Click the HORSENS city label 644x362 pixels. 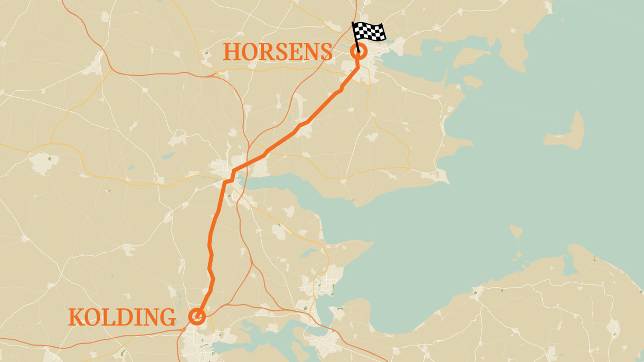278,52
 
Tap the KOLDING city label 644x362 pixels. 122,317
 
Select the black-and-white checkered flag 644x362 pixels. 371,32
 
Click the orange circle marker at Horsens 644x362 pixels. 358,52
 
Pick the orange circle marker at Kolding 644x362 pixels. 197,316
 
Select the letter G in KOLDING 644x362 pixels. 168,317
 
